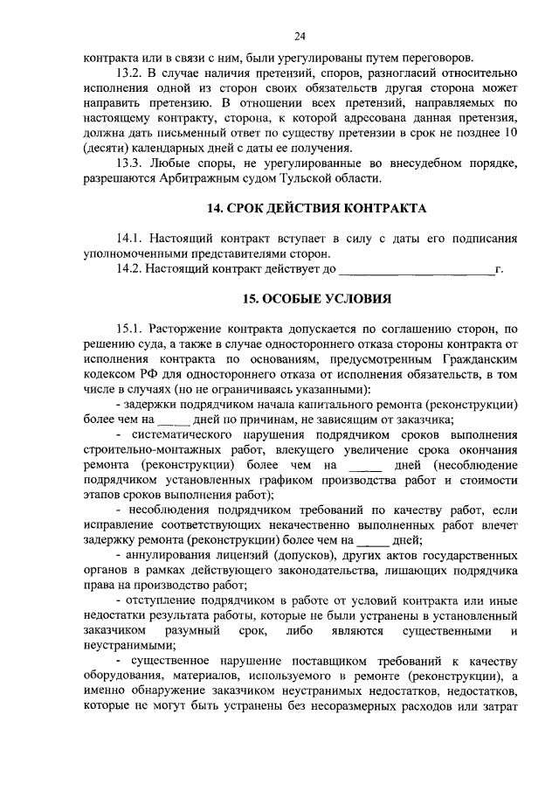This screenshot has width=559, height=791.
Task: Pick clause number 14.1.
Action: tap(129, 238)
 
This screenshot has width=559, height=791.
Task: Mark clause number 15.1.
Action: tap(129, 329)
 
